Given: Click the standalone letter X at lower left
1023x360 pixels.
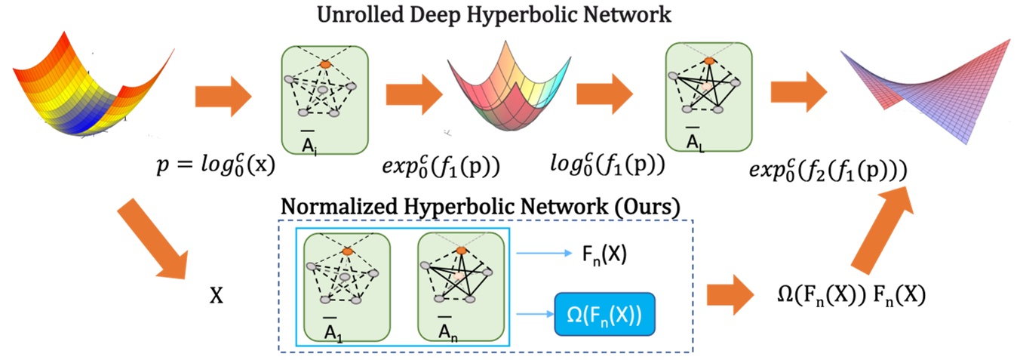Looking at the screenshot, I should click(x=216, y=296).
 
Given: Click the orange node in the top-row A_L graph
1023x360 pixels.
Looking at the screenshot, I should click(x=708, y=60).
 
